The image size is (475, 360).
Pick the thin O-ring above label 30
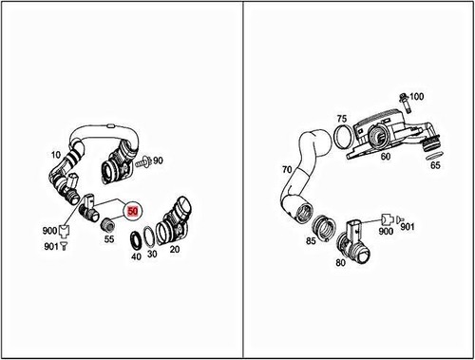click(x=152, y=237)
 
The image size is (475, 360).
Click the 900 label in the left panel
click(x=48, y=231)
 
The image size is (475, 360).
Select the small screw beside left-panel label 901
click(x=66, y=246)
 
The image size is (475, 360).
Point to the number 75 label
click(x=341, y=119)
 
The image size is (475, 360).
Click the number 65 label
click(x=435, y=165)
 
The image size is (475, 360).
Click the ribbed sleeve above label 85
click(x=324, y=225)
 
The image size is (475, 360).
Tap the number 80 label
click(x=341, y=263)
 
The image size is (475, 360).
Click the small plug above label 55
click(x=108, y=224)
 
